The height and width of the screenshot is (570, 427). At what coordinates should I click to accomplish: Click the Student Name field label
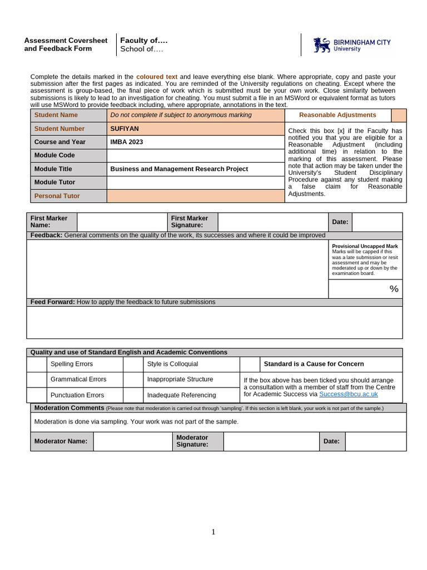tap(56, 115)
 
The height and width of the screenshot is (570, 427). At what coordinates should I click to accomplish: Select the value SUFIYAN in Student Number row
tap(125, 129)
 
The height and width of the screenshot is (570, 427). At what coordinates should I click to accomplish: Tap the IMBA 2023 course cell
tap(127, 142)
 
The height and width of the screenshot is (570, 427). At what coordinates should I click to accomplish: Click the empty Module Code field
tap(195, 155)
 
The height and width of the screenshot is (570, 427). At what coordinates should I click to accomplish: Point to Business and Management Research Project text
tap(179, 169)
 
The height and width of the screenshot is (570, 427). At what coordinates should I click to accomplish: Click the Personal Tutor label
tap(57, 196)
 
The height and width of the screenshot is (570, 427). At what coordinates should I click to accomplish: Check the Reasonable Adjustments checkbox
tap(399, 115)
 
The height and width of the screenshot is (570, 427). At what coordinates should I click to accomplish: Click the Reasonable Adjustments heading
tap(337, 115)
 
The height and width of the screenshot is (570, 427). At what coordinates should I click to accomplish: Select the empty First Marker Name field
tap(122, 222)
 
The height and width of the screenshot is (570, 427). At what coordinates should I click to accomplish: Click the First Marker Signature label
tap(190, 222)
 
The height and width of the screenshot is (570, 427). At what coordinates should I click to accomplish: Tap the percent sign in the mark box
tap(394, 289)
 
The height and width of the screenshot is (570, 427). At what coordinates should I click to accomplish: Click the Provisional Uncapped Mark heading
tap(365, 246)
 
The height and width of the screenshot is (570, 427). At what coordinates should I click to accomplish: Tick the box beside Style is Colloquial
tap(133, 364)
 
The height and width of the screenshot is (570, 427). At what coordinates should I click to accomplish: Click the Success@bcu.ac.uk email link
tap(349, 394)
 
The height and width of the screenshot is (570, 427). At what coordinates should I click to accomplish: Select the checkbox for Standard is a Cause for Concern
tap(250, 364)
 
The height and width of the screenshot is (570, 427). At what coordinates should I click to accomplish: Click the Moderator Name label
tap(61, 441)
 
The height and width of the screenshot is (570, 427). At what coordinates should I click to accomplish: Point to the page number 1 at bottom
tap(213, 532)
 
